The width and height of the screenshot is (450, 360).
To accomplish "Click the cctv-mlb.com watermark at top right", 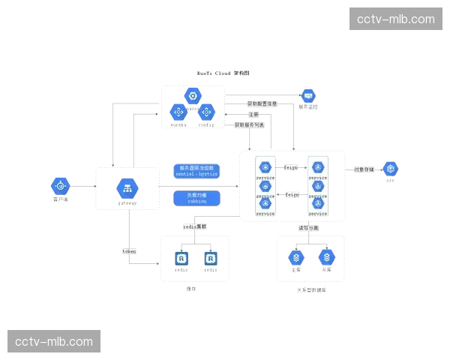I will [395, 19].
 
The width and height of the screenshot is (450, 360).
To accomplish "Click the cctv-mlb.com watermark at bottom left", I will [54, 342].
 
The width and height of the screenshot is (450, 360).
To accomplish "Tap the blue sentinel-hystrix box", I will [196, 170].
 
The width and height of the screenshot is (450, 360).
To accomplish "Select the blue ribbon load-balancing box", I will [196, 198].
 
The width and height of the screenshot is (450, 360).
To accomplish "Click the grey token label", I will [129, 252].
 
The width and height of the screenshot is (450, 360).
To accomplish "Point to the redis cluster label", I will [195, 226].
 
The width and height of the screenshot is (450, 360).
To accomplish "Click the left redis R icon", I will [181, 258].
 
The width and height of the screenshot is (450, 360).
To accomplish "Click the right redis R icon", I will [211, 258].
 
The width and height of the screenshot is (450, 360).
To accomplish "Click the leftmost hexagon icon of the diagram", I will [61, 185].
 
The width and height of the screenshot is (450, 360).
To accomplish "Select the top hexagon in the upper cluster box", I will [192, 95].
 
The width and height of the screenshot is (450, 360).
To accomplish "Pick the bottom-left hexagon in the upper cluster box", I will [178, 112].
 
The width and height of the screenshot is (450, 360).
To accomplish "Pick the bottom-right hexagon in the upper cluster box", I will [206, 112].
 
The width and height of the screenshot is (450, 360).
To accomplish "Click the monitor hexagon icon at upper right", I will [307, 96].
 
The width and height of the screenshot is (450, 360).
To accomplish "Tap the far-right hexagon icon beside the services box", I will [389, 169].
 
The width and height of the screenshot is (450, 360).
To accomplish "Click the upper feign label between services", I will [291, 167].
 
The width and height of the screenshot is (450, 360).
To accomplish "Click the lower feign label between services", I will [292, 194].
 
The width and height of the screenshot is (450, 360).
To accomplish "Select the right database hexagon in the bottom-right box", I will [326, 257].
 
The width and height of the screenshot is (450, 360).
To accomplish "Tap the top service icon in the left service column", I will [265, 166].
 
